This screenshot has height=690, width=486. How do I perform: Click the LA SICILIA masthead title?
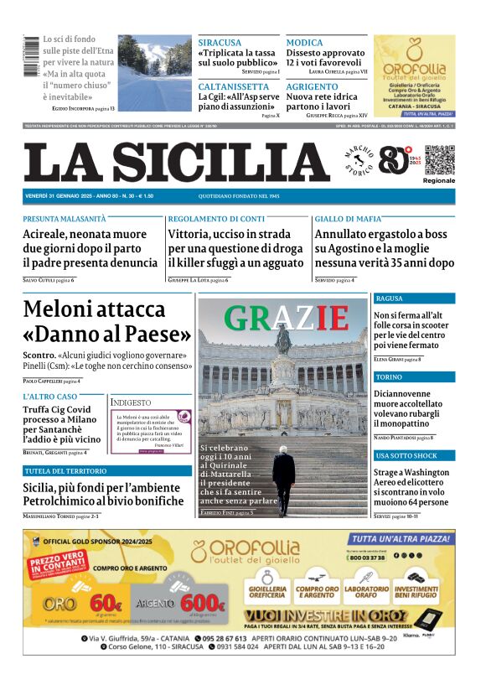point(175,162)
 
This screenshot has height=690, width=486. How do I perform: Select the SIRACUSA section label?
point(220,43)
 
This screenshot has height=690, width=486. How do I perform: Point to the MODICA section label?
point(304,43)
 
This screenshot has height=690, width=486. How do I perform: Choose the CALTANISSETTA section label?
point(234,86)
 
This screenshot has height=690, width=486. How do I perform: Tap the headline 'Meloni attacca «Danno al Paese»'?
point(107,322)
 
